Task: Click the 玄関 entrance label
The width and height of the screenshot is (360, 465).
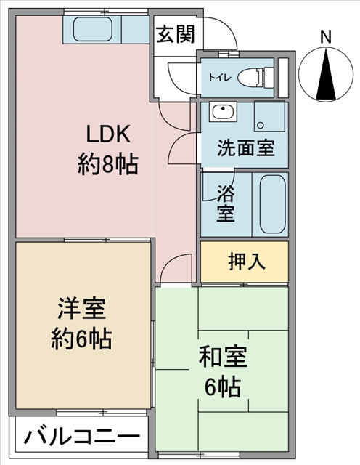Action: click(x=176, y=34)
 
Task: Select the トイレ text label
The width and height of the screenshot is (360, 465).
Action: click(x=219, y=78)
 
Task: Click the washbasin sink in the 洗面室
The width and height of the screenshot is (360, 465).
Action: click(x=223, y=112)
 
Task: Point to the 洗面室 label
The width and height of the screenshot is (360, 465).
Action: click(x=246, y=147)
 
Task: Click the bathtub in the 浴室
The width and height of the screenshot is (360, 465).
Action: click(x=273, y=204)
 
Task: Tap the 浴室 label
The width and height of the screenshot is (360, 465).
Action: click(x=226, y=203)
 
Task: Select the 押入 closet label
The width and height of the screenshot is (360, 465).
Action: click(x=246, y=262)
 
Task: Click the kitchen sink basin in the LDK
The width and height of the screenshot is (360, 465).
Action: click(x=93, y=29)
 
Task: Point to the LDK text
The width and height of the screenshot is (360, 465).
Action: click(x=108, y=134)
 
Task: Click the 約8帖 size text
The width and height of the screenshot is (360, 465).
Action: click(x=108, y=165)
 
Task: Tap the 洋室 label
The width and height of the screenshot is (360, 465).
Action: click(x=81, y=309)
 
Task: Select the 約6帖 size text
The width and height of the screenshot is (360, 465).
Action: click(x=81, y=339)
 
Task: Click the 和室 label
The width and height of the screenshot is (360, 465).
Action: click(x=223, y=357)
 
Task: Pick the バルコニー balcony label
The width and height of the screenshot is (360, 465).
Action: click(x=81, y=436)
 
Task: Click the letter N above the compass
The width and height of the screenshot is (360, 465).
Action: click(x=326, y=38)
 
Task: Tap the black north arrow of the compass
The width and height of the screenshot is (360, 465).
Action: click(x=326, y=73)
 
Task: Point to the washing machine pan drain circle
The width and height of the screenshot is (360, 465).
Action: click(x=261, y=126)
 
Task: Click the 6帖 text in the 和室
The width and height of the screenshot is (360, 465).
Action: click(x=223, y=387)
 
